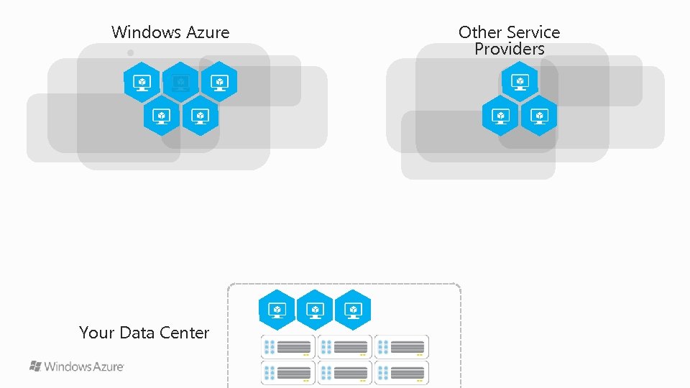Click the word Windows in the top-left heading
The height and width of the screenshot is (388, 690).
[146, 32]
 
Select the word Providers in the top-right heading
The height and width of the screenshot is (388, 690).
[509, 49]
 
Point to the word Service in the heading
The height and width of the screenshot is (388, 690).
[533, 32]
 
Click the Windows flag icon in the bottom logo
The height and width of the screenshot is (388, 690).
[35, 366]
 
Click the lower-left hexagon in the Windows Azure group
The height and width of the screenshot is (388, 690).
[161, 115]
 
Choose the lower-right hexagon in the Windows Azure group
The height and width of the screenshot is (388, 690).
[200, 115]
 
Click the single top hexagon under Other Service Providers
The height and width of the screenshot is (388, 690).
[519, 81]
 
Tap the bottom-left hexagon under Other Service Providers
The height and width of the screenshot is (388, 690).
[500, 115]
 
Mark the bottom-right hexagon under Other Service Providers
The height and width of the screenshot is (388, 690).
[538, 115]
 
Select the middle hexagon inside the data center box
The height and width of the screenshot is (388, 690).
[315, 310]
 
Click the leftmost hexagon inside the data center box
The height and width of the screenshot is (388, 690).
[277, 310]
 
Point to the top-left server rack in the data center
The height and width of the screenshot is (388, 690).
[287, 347]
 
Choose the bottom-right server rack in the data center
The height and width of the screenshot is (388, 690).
[401, 373]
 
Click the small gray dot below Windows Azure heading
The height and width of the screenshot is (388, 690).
[130, 52]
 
